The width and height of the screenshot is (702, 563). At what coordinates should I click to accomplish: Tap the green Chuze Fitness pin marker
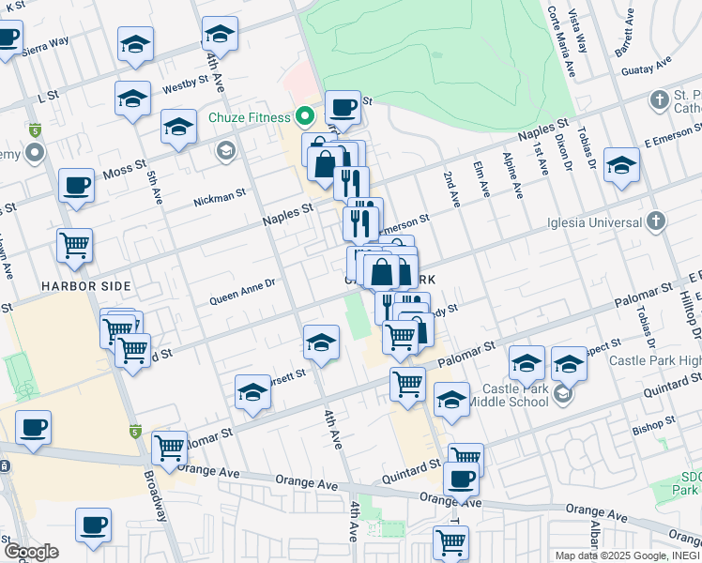click(x=304, y=118)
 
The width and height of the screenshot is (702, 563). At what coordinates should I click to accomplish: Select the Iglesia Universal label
click(x=595, y=222)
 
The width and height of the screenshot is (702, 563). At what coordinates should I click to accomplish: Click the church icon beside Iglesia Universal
click(x=655, y=222)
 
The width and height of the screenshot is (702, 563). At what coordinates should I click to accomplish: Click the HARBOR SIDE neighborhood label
click(x=85, y=284)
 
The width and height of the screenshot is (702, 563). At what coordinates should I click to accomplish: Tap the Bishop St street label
click(x=649, y=430)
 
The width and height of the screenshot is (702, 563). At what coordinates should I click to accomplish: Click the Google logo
click(x=30, y=551)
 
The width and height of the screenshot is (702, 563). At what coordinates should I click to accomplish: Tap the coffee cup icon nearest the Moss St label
click(x=76, y=185)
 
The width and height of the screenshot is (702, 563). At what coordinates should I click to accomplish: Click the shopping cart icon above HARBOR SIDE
click(x=74, y=246)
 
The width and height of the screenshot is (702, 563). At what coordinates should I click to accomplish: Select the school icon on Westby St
click(x=133, y=99)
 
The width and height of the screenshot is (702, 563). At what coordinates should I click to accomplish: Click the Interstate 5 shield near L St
click(x=36, y=129)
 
